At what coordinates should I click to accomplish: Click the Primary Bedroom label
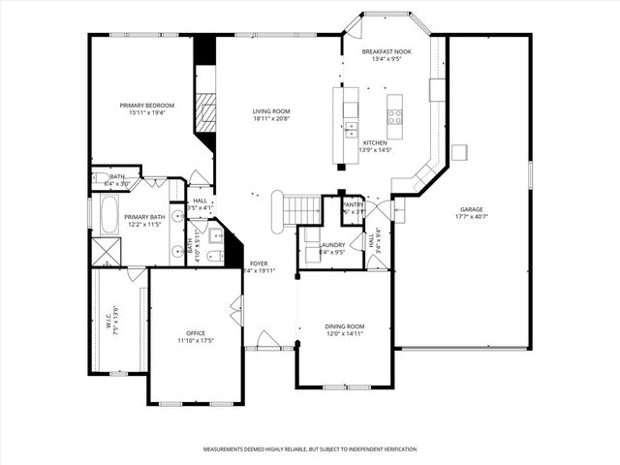[147, 105]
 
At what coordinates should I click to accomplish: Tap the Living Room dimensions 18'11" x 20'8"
[271, 120]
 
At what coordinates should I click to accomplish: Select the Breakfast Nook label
[387, 50]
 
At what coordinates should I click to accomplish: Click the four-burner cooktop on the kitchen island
[395, 116]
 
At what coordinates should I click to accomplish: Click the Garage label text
[472, 208]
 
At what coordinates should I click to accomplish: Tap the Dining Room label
[344, 326]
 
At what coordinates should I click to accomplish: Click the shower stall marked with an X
[105, 251]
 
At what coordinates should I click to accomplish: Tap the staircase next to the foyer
[303, 207]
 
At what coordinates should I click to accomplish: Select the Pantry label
[354, 205]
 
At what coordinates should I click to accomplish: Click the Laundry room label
[332, 244]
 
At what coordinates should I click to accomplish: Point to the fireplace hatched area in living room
[204, 114]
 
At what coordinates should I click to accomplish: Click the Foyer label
[259, 263]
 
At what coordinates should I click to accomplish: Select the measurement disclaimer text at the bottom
[309, 449]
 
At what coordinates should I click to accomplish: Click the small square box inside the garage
[459, 152]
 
